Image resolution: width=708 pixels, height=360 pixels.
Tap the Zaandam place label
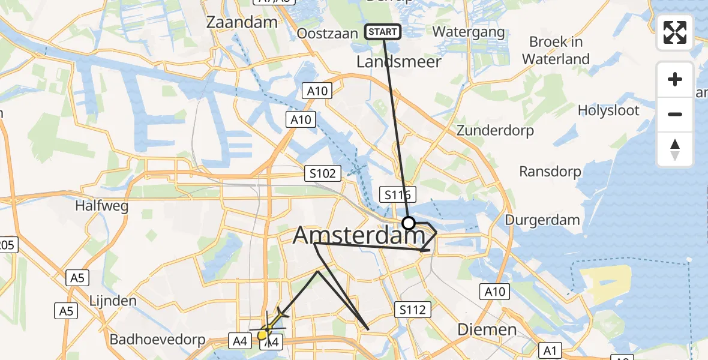[242, 22]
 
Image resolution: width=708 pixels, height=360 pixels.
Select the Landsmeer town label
[399, 62]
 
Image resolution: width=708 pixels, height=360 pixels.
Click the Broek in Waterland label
[556, 50]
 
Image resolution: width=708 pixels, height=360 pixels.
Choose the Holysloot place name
[608, 110]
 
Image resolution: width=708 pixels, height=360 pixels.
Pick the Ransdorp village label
[550, 172]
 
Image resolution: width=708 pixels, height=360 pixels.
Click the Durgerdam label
[542, 220]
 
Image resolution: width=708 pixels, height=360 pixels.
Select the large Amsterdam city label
[359, 236]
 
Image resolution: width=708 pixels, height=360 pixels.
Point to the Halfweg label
[101, 206]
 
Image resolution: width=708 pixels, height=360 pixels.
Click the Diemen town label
[487, 329]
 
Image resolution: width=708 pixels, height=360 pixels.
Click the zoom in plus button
[675, 79]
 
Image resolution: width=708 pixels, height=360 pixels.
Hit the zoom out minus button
[675, 114]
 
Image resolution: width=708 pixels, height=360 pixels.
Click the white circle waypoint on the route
[409, 224]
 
